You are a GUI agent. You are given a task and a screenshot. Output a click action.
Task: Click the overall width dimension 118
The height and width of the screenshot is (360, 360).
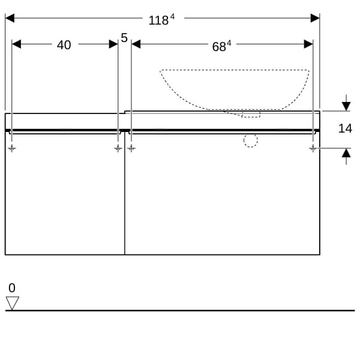tap(158, 20)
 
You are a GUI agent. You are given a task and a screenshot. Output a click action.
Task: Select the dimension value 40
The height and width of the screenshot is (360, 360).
tap(64, 45)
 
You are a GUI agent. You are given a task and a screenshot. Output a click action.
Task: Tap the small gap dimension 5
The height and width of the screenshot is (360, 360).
tap(124, 38)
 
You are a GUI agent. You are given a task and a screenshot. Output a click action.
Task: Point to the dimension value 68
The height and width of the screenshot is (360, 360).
tap(219, 47)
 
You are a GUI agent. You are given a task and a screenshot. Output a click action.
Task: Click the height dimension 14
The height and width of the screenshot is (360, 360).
tap(345, 128)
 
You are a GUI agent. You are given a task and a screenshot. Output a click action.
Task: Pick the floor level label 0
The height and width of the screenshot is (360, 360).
tap(12, 288)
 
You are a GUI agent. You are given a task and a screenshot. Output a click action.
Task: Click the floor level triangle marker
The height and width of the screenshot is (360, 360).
tap(13, 303)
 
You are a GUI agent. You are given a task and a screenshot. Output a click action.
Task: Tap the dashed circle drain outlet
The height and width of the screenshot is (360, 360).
tap(251, 140)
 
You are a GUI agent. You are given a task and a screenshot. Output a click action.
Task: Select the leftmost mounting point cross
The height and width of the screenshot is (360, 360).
tap(12, 148)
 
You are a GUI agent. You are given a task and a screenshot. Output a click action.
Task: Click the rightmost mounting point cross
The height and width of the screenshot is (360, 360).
tap(313, 148)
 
